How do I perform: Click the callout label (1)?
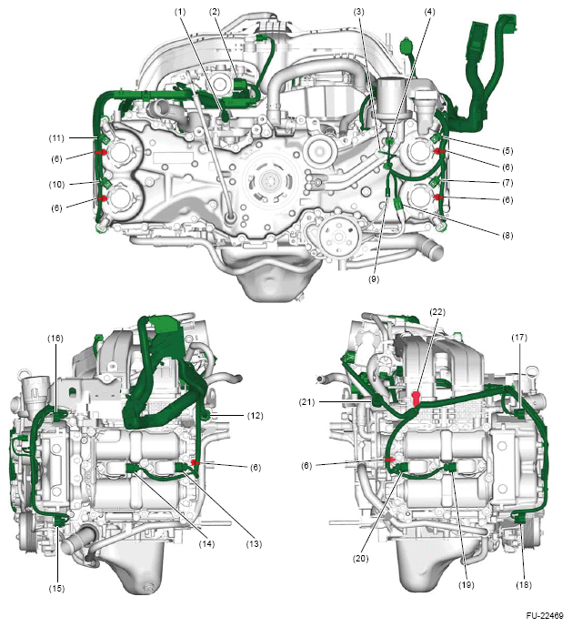(x=181, y=10)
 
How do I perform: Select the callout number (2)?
(x=215, y=10)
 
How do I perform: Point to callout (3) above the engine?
(x=360, y=10)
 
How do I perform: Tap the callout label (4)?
(x=429, y=10)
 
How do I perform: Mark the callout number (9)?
(x=372, y=280)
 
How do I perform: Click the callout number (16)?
(x=55, y=339)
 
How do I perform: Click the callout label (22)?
(x=437, y=312)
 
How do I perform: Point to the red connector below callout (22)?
(x=416, y=398)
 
